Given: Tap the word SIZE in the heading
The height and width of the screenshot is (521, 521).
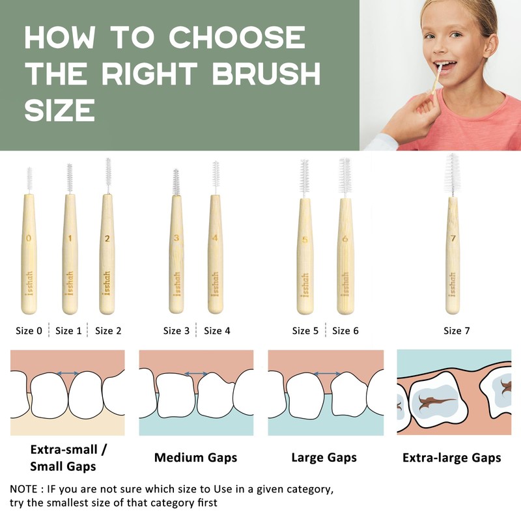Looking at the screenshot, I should coord(60,111).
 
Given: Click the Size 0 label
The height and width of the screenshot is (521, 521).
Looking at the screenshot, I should coord(29,331).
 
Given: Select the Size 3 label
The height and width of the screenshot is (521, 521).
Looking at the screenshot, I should coord(176,331).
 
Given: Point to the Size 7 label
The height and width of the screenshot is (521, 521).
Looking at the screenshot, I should coord(457,331).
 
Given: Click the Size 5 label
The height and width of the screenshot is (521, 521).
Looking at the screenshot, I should coord(305,331).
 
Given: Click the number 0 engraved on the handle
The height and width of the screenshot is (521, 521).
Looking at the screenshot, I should coord(29,238).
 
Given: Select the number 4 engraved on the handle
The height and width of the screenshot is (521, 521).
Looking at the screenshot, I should coord(215,238).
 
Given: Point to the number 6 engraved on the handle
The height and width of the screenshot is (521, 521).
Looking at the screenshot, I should coord(345,239).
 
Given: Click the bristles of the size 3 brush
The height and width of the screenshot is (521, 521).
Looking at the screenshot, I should coord(176,182).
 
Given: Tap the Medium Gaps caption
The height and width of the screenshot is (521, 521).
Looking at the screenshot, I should coord(195,458).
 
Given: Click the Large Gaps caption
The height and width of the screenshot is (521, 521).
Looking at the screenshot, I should coord(324,458).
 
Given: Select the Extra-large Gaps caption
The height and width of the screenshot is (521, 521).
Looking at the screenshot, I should coord(451,458).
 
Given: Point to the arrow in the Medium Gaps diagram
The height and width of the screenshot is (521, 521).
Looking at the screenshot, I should coord(195,374).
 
